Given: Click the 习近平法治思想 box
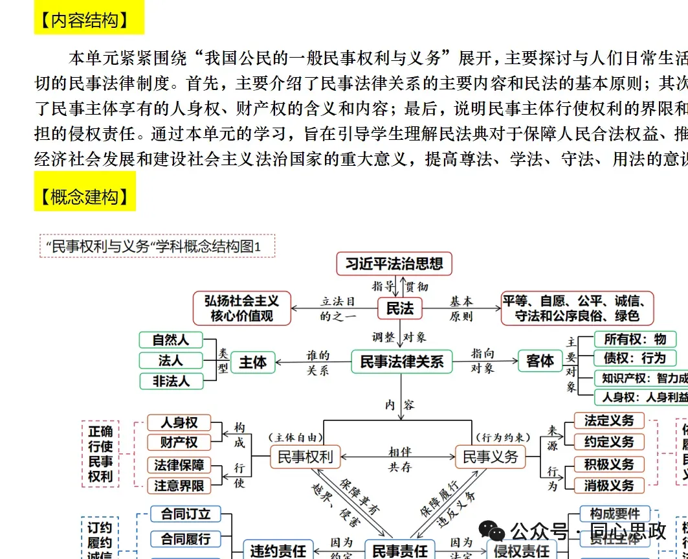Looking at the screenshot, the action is point(394,264).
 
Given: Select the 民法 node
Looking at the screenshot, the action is point(399,308).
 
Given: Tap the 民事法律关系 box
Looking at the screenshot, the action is point(401,361).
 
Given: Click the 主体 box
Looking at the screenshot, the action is point(252,362).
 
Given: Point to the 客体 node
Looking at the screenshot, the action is point(540,361).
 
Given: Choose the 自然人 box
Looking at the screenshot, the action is point(171,339).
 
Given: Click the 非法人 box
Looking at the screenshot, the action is point(171,382).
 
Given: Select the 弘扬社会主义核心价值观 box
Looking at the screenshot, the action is point(241,308).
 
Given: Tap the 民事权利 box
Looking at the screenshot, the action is point(305,457).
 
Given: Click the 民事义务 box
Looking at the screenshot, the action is point(491,457).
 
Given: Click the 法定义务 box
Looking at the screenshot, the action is point(609,420).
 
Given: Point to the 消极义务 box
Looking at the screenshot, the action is point(609,485).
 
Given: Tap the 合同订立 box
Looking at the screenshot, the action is point(186,514).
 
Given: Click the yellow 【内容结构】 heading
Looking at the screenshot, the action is point(89,21).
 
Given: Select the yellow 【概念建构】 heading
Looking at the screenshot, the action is point(85,196).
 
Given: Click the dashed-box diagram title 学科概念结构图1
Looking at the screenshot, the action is point(157,246).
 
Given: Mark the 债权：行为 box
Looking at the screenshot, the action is point(634,358).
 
